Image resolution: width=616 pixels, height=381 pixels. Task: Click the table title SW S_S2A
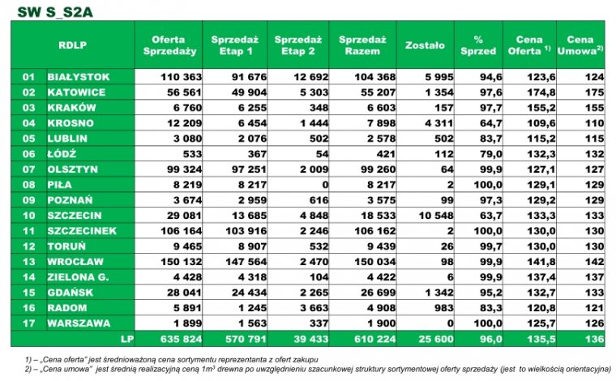tap(55, 12)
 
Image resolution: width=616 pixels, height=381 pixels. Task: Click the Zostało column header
tap(425, 45)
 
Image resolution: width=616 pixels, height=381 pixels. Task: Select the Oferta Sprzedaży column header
tap(169, 45)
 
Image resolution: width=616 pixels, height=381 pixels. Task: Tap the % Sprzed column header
tap(478, 45)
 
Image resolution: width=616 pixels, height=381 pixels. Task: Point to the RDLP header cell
tap(73, 45)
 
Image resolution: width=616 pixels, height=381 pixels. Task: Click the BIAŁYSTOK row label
tap(79, 77)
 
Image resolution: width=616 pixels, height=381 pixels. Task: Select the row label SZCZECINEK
tap(82, 231)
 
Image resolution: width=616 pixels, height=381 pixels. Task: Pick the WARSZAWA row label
tap(79, 323)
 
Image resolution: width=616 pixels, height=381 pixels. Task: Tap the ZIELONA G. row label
tap(78, 277)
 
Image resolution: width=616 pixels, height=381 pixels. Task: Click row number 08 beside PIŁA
tap(28, 185)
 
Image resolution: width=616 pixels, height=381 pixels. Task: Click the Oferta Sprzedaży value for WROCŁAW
tap(181, 262)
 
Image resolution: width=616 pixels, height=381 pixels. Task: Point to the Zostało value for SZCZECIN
tap(436, 216)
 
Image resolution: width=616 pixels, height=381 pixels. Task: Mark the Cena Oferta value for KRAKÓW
tap(541, 108)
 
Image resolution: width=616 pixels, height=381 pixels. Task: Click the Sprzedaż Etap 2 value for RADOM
tap(314, 308)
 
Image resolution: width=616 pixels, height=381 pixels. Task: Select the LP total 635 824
tap(181, 339)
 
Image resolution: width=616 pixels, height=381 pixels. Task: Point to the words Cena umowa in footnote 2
tap(68, 369)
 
